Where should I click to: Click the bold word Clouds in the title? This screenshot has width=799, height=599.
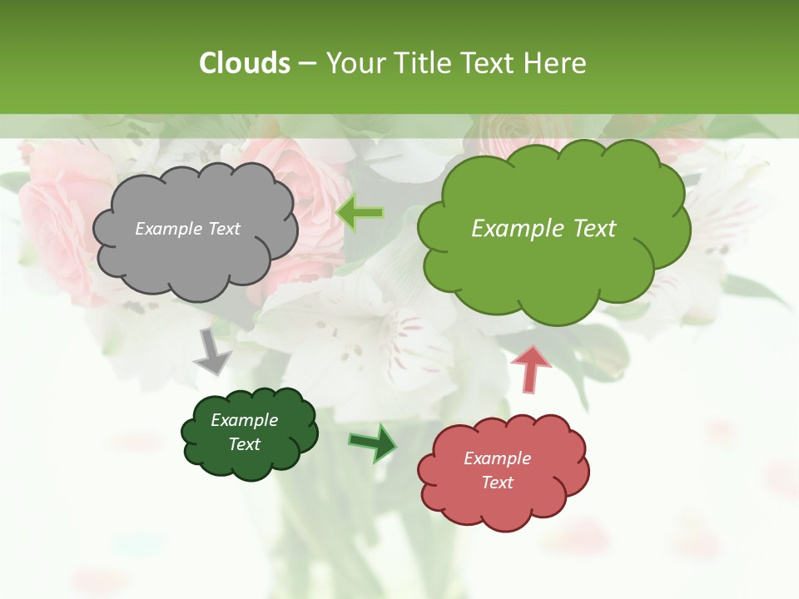245,63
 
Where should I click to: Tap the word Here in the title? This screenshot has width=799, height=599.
555,63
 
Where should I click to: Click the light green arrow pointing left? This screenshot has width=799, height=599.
360,213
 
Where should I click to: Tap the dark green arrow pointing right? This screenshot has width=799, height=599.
373,442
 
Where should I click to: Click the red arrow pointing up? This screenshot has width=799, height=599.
530,369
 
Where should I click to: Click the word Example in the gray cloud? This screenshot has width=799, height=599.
166,229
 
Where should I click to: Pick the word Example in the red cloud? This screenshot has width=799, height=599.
497,458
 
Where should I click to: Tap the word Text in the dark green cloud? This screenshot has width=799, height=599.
244,444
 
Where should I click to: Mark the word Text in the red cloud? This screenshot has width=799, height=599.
497,483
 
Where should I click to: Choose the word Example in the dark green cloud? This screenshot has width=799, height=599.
244,420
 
